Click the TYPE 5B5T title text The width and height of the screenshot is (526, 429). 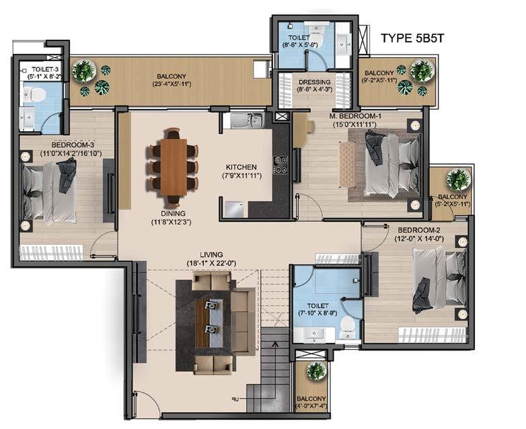click(412, 38)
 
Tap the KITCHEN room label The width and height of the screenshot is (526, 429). click(241, 167)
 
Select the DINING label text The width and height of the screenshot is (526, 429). click(173, 213)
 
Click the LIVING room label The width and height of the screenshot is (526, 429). click(211, 255)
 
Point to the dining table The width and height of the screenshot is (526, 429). click(174, 167)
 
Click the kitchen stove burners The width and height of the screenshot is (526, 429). click(280, 165)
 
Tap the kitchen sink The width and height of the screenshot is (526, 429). click(248, 120)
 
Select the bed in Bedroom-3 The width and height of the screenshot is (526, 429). click(50, 192)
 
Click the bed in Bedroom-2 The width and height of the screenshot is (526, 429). click(439, 278)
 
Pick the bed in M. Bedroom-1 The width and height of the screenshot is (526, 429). click(393, 164)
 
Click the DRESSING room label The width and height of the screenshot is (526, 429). click(314, 82)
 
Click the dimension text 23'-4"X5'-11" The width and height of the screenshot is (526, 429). click(171, 84)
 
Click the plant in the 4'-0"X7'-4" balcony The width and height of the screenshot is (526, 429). click(316, 371)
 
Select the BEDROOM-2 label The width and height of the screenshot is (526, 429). click(419, 230)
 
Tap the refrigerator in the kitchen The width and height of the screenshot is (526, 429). click(235, 210)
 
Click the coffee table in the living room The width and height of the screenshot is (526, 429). click(209, 322)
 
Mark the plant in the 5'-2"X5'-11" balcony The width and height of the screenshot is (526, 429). click(457, 180)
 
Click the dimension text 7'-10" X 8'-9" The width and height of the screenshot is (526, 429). click(317, 313)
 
